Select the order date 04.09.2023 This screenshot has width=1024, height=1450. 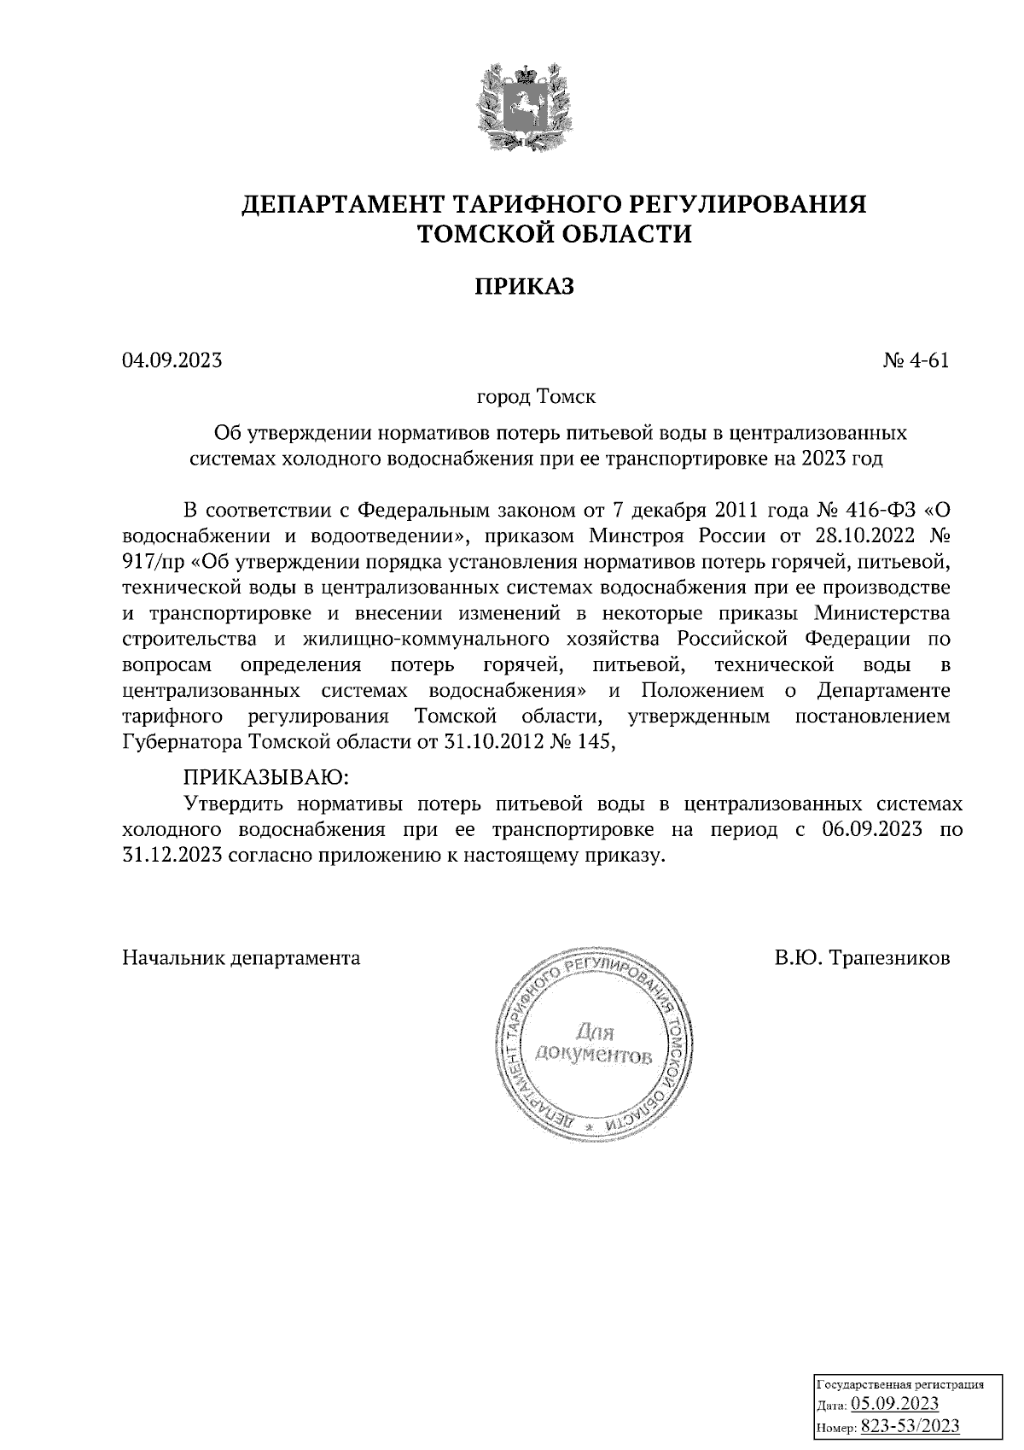pos(172,360)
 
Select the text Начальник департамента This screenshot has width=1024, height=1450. pos(241,958)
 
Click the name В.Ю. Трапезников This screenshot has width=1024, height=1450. pos(862,958)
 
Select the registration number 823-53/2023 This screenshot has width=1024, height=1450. pos(910,1426)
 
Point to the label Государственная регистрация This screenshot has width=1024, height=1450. pos(900,1385)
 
